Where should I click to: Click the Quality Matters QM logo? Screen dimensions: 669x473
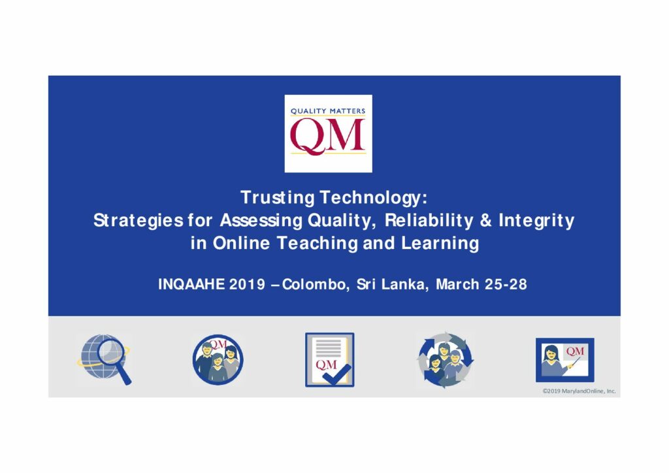[328, 133]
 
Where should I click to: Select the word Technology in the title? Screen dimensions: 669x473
[373, 198]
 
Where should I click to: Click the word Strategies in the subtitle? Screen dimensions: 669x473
[139, 221]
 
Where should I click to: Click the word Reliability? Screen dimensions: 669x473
[429, 221]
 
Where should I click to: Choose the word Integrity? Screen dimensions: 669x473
[536, 221]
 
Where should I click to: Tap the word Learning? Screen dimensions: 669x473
[440, 244]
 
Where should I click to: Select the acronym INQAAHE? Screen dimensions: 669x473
[191, 284]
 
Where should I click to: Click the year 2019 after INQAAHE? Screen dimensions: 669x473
[247, 284]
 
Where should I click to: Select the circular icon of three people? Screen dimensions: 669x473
[218, 359]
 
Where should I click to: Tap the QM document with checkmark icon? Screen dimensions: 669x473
[330, 359]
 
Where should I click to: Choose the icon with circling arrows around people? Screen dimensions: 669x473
[445, 359]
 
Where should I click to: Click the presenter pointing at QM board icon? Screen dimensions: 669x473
[565, 359]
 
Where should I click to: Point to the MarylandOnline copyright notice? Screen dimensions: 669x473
[579, 391]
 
